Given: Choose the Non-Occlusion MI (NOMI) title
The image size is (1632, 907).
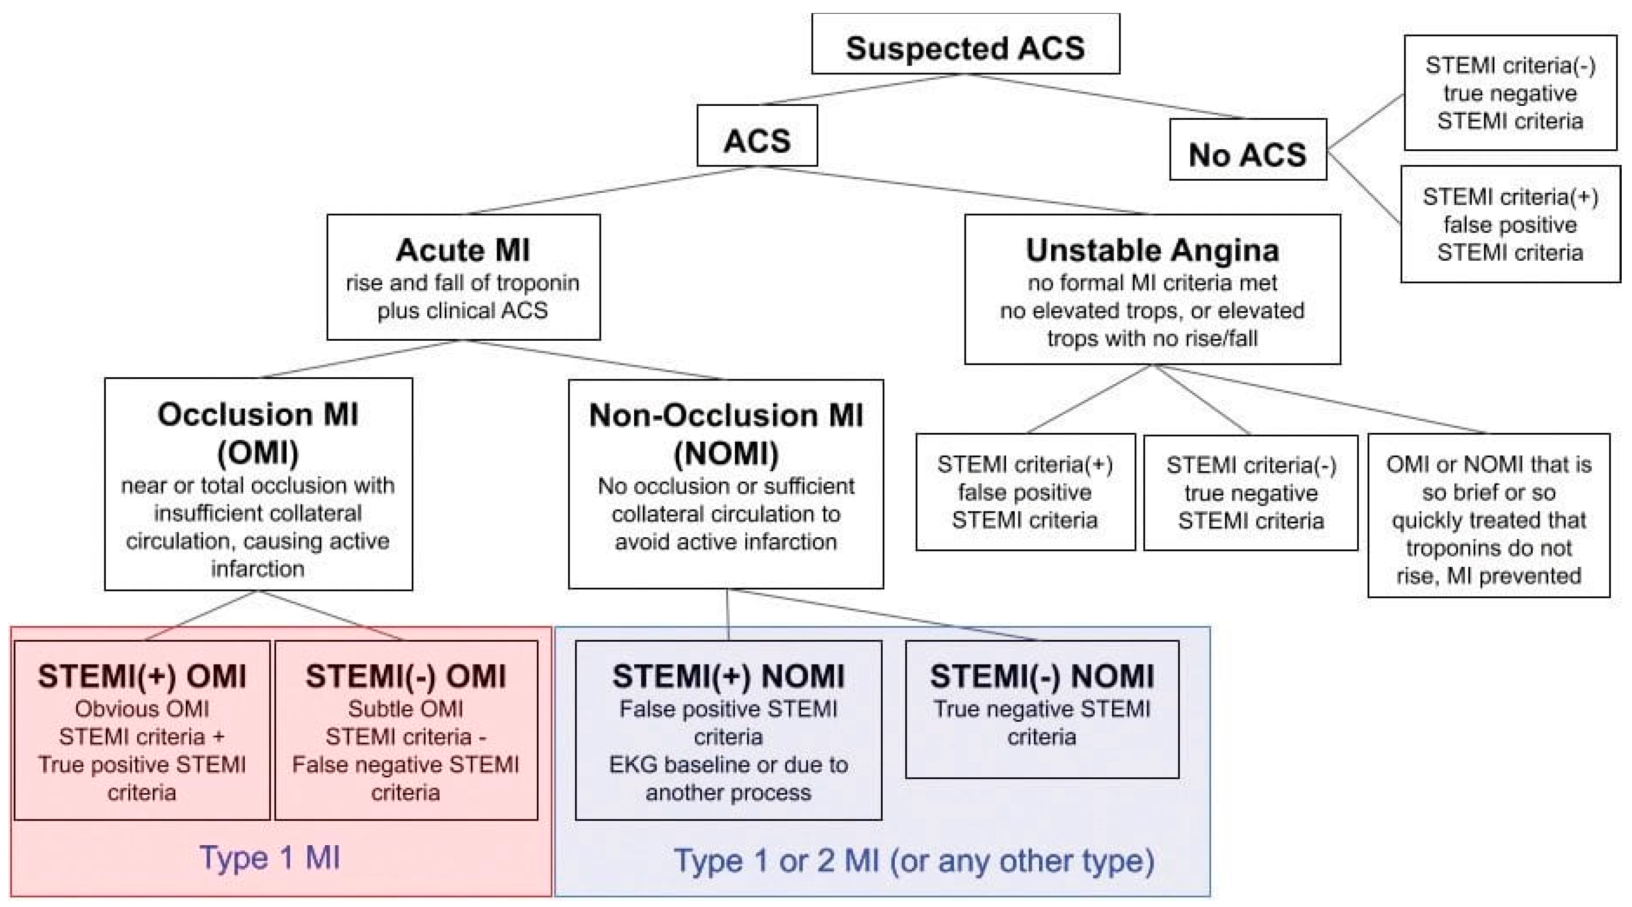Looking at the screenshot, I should (725, 433).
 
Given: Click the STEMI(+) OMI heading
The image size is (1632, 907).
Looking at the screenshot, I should (142, 676).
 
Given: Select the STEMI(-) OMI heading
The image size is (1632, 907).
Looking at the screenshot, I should (405, 676).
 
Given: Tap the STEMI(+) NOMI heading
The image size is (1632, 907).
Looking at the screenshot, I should (728, 676).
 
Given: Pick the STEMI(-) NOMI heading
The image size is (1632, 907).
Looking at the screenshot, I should (1041, 676).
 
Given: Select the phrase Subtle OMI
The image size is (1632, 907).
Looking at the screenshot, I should (405, 709).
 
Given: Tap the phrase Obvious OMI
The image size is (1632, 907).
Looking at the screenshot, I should (142, 709).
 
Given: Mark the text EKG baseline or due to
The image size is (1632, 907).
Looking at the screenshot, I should (728, 764).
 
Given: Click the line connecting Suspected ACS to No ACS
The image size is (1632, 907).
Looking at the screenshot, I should (1105, 96).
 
